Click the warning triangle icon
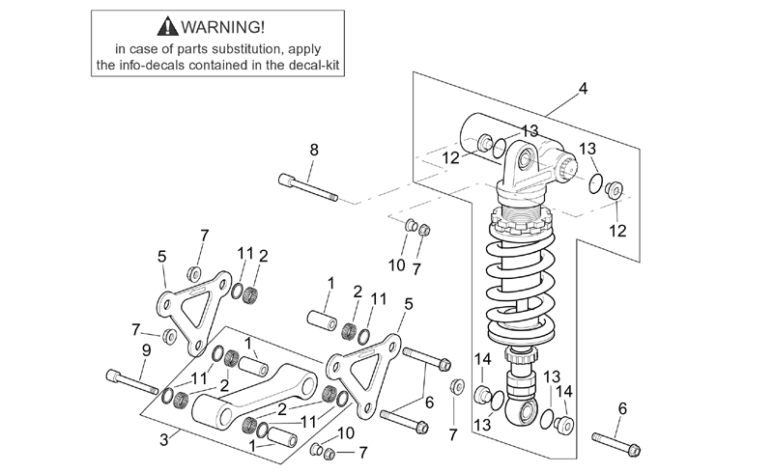(x=167, y=26)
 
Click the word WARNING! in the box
(x=223, y=27)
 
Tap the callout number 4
(x=584, y=89)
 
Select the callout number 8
(x=314, y=150)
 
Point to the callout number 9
(x=147, y=350)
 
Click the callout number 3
(x=164, y=439)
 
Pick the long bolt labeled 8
(x=308, y=187)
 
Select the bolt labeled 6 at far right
(x=616, y=443)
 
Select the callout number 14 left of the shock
(x=483, y=359)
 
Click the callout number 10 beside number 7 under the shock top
(x=397, y=265)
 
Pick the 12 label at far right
(x=617, y=231)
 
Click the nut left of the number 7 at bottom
(x=329, y=454)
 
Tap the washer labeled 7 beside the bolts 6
(x=457, y=386)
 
